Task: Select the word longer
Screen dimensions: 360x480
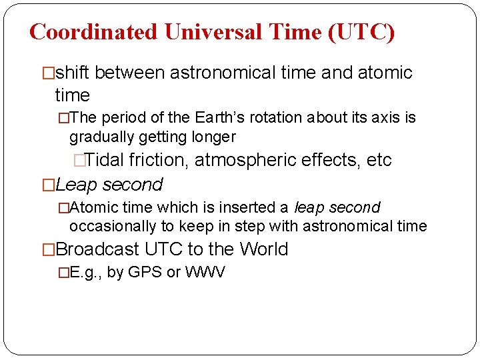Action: (213, 137)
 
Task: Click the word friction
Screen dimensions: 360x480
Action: (158, 161)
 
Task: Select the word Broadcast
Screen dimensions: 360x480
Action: (98, 250)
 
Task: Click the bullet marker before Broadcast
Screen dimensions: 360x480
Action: (48, 250)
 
